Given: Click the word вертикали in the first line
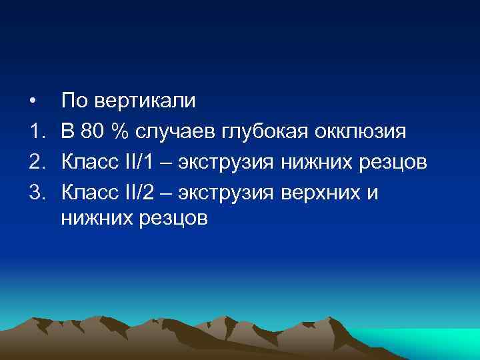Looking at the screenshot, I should click(x=145, y=101).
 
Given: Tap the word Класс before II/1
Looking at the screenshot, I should click(x=89, y=160).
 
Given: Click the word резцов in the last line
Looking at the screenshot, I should click(x=175, y=219).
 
